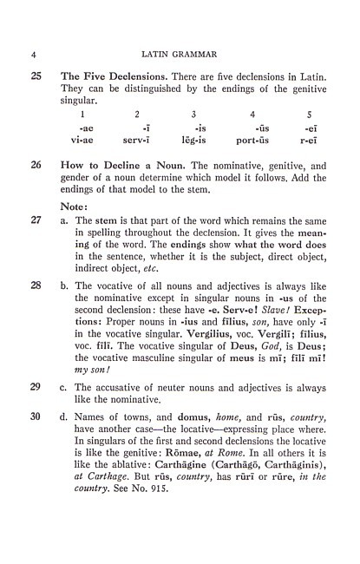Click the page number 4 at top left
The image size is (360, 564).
point(33,54)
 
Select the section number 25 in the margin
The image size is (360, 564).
point(36,79)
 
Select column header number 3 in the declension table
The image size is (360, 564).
point(193,115)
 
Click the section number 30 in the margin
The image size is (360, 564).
point(36,464)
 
